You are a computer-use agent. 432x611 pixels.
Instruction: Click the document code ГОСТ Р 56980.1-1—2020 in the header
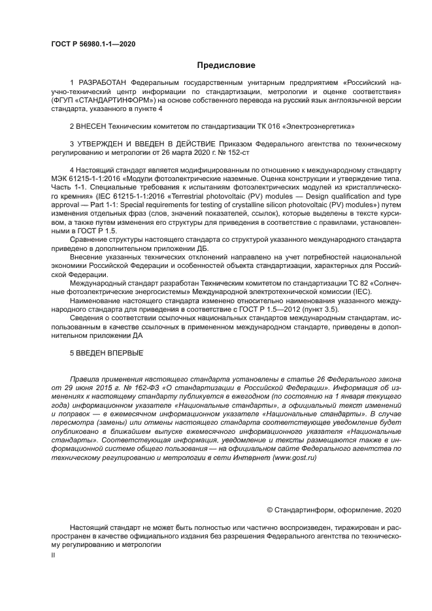pyautogui.click(x=93, y=44)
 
